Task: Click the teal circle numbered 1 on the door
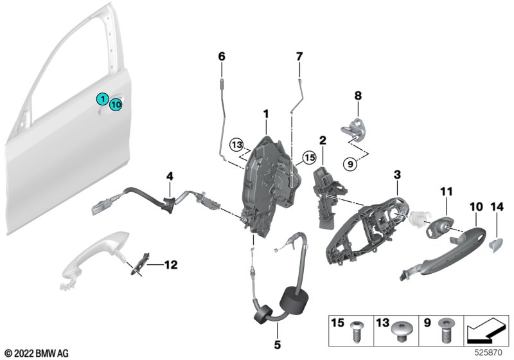[x=102, y=98]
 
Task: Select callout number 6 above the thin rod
[x=222, y=57]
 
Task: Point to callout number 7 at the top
[x=299, y=57]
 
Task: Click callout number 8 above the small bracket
[x=358, y=96]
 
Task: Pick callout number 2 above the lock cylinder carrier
[x=323, y=139]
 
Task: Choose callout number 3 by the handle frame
[x=397, y=174]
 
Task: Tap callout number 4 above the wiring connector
[x=170, y=175]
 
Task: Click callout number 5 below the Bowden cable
[x=278, y=345]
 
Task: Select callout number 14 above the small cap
[x=497, y=206]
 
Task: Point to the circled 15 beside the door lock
[x=310, y=156]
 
